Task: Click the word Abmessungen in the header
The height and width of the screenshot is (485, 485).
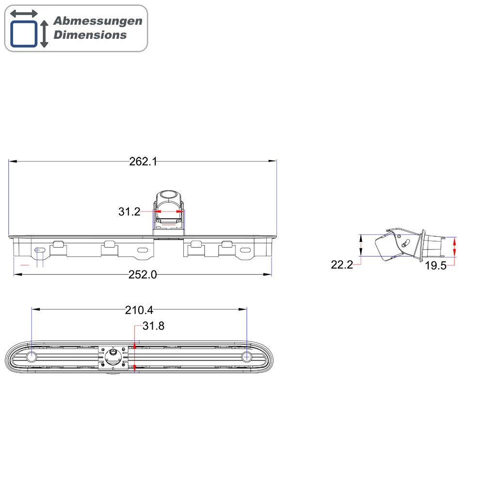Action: tap(98, 21)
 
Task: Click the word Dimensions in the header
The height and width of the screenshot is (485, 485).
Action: tap(90, 35)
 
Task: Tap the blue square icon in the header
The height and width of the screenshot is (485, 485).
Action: tap(24, 33)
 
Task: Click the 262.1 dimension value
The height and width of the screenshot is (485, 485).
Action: tap(143, 162)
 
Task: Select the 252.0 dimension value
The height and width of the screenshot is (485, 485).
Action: tap(143, 275)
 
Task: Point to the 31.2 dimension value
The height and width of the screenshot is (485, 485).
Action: tap(129, 211)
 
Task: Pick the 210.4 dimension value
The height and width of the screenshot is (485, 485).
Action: tap(139, 309)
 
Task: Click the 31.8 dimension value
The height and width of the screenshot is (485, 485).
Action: tap(153, 326)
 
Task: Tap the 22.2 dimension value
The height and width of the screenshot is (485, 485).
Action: tap(341, 264)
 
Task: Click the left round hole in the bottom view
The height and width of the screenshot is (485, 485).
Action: tap(31, 357)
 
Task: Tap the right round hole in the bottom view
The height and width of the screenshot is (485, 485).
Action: tap(246, 357)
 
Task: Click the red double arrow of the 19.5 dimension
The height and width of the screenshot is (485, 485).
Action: tap(454, 247)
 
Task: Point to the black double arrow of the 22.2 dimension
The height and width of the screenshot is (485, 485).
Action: tap(360, 245)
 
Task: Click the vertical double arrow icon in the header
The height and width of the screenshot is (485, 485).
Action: tap(44, 34)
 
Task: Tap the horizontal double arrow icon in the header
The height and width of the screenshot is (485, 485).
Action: tap(24, 14)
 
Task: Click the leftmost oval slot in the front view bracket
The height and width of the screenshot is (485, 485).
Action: tap(40, 250)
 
